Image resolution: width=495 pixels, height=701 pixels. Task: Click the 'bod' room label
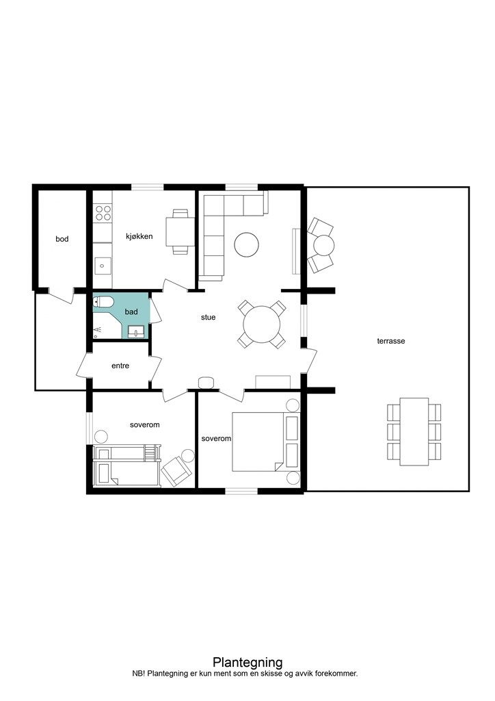(x=62, y=239)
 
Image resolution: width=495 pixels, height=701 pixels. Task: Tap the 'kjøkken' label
(x=139, y=236)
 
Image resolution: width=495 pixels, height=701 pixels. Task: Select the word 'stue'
(x=208, y=317)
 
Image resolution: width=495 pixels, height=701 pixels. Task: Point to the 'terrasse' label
(x=391, y=341)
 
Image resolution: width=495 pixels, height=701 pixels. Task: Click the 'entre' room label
(x=120, y=366)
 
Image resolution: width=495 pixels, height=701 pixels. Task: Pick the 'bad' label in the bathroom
(x=131, y=311)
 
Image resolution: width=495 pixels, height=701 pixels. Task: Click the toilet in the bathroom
(x=103, y=303)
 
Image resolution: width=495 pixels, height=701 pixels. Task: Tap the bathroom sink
(x=135, y=331)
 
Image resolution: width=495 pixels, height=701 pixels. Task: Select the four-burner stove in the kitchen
(x=103, y=213)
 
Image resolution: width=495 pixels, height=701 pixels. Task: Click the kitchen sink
(x=103, y=266)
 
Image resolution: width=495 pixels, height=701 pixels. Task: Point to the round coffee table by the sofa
(x=247, y=244)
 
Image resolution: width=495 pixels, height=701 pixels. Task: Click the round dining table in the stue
(x=262, y=324)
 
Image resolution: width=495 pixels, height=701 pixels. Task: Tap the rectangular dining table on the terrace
(x=414, y=431)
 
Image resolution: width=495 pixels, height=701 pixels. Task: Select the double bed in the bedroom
(x=258, y=442)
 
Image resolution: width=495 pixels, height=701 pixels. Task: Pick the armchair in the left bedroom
(x=176, y=472)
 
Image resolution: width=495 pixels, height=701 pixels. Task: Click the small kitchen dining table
(x=180, y=231)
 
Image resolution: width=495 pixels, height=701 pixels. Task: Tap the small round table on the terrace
(x=323, y=245)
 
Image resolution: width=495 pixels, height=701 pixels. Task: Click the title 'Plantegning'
(x=247, y=662)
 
